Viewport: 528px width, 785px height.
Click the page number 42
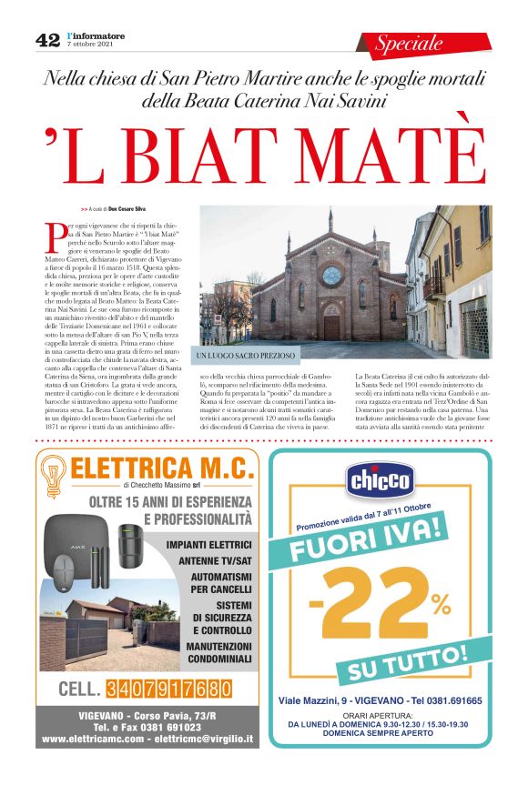point(47,40)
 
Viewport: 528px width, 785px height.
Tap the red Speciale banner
point(410,43)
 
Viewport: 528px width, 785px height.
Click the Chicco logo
point(381,478)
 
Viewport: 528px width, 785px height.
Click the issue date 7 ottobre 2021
point(89,45)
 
